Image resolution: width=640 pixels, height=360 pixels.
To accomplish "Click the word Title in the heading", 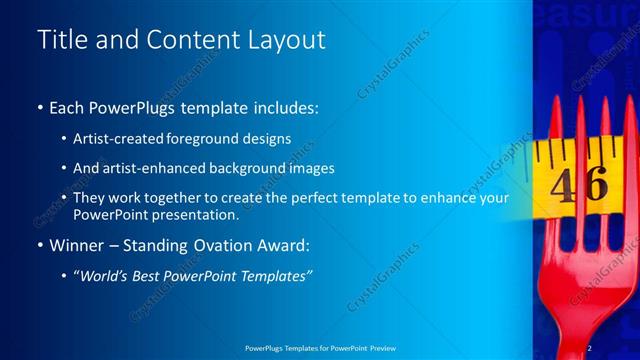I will click(63, 40).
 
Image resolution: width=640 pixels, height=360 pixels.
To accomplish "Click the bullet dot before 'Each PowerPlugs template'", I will click(39, 107).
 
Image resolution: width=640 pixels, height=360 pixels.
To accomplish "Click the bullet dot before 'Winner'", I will click(39, 245).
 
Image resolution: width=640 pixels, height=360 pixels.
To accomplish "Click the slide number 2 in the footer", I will click(590, 347).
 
